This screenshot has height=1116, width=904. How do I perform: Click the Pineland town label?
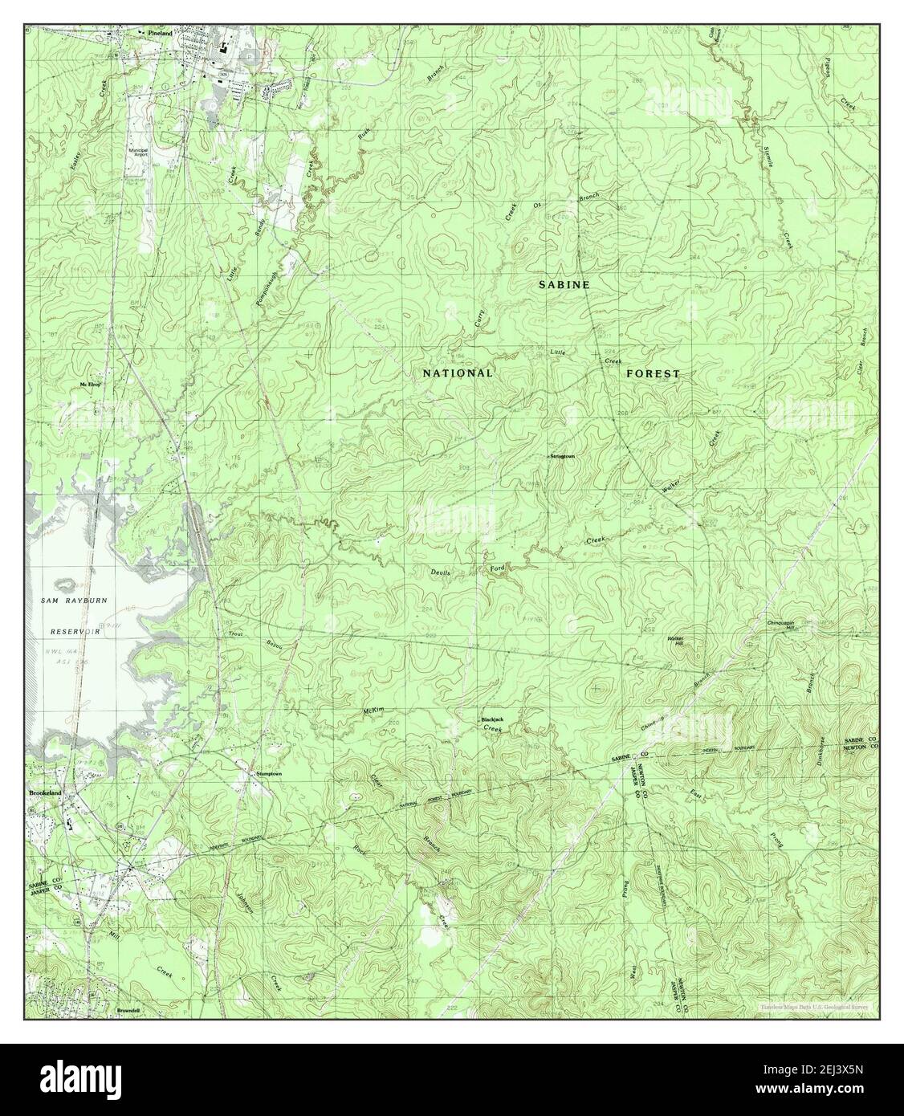click(158, 31)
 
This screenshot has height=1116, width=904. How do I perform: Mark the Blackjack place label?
click(492, 719)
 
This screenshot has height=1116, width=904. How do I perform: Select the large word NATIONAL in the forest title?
click(458, 373)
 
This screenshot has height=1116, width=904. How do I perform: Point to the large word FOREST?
click(653, 373)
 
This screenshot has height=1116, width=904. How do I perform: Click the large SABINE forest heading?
click(564, 285)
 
